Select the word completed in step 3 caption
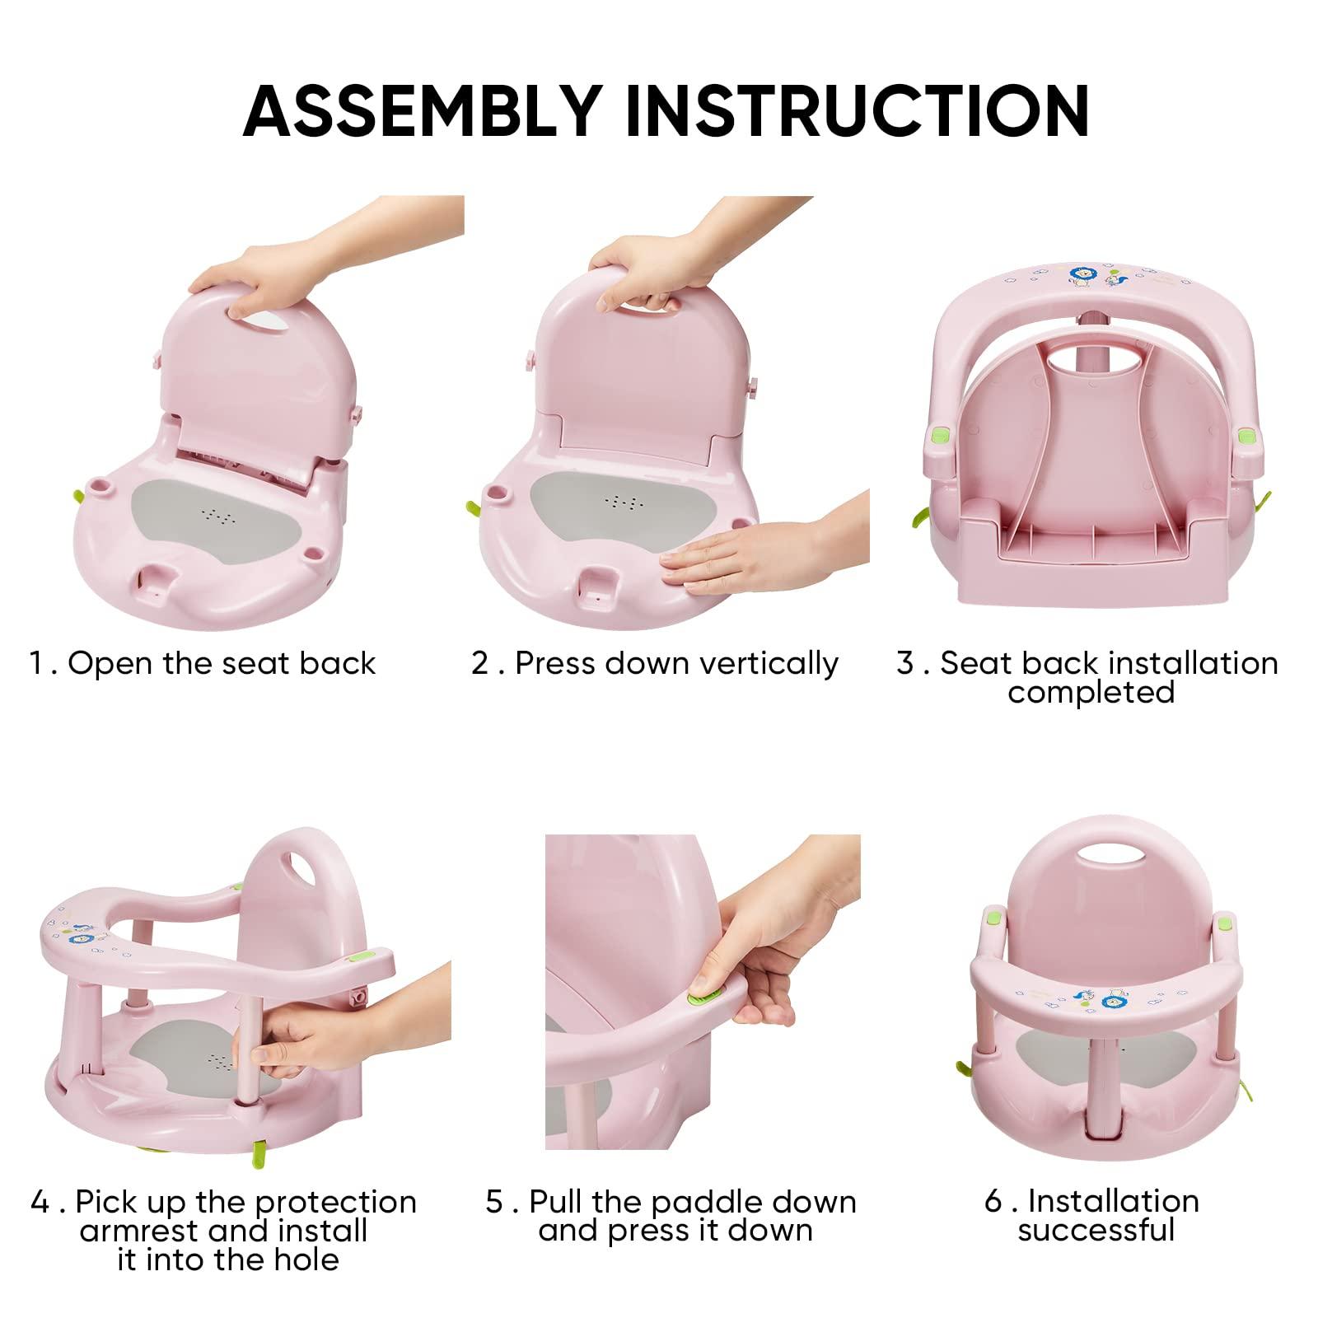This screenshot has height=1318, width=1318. (x=1091, y=692)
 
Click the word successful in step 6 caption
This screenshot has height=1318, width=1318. (x=1096, y=1231)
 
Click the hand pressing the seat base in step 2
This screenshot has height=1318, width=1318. (x=741, y=560)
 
